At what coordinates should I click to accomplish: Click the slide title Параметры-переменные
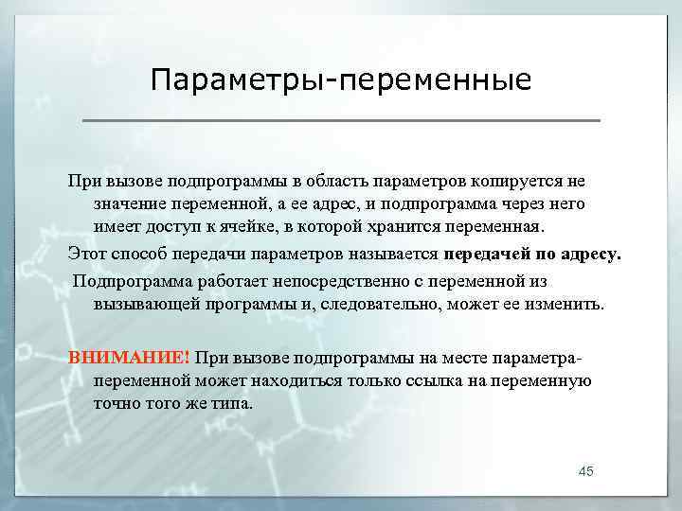341,79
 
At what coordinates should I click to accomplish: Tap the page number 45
585,471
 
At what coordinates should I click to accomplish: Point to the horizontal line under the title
341,121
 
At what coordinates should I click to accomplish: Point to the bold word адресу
587,254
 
